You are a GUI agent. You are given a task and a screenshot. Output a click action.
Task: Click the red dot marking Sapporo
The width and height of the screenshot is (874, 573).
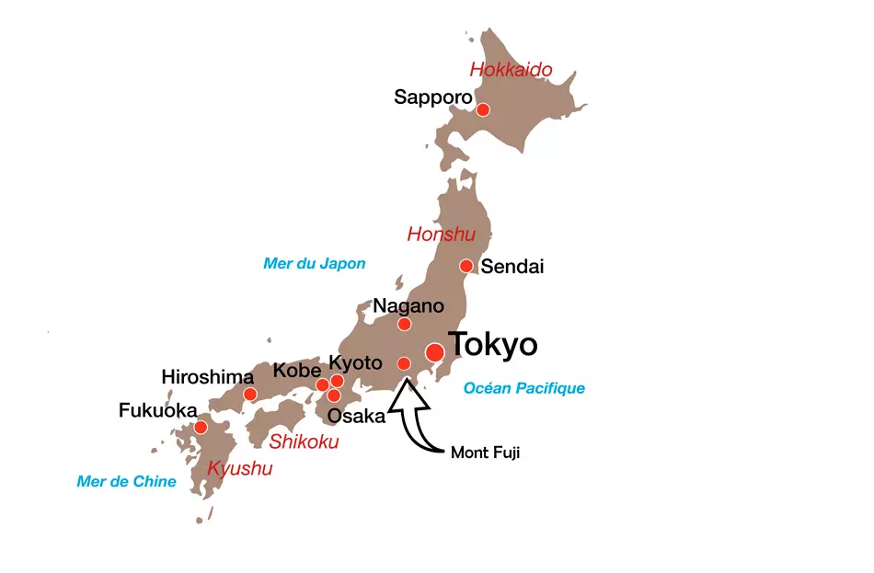pyautogui.click(x=483, y=110)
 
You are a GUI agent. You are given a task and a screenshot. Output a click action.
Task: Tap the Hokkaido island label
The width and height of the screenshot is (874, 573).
pyautogui.click(x=511, y=69)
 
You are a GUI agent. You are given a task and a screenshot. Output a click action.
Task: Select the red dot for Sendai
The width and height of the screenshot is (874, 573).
pyautogui.click(x=466, y=267)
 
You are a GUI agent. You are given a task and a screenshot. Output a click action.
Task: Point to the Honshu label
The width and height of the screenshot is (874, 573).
pyautogui.click(x=441, y=235)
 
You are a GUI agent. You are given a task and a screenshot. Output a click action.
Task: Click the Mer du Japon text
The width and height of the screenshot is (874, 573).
pyautogui.click(x=314, y=264)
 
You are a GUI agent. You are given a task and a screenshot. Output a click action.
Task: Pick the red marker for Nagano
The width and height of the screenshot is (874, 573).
pyautogui.click(x=404, y=324)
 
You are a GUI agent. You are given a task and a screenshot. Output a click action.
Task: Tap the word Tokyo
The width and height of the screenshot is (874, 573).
pyautogui.click(x=492, y=345)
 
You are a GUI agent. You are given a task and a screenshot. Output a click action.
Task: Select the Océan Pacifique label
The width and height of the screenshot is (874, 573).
pyautogui.click(x=523, y=388)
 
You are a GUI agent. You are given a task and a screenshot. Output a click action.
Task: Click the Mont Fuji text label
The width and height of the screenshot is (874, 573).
pyautogui.click(x=485, y=453)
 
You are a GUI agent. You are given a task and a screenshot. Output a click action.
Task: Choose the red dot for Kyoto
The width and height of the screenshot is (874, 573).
pyautogui.click(x=337, y=381)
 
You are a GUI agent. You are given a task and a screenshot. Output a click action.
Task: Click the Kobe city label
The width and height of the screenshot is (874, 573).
pyautogui.click(x=296, y=371)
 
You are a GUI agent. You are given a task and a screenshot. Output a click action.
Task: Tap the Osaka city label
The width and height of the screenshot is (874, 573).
pyautogui.click(x=356, y=416)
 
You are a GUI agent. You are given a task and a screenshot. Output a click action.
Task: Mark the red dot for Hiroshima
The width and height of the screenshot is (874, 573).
pyautogui.click(x=249, y=395)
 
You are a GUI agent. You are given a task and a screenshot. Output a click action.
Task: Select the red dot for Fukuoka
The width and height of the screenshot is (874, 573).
pyautogui.click(x=201, y=428)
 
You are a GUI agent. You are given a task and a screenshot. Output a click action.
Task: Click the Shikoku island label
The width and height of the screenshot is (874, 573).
pyautogui.click(x=304, y=442)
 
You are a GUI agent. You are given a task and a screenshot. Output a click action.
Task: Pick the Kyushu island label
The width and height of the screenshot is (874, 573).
pyautogui.click(x=240, y=469)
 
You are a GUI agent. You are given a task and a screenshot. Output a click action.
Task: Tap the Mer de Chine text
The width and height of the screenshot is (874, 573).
pyautogui.click(x=126, y=481)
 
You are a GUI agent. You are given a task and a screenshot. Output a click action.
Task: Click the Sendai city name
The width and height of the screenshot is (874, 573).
pyautogui.click(x=512, y=267)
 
